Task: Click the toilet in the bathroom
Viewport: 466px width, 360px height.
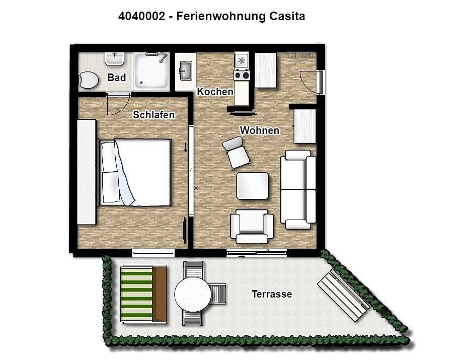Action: tap(88, 80)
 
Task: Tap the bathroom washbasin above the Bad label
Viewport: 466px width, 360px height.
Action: tap(114, 59)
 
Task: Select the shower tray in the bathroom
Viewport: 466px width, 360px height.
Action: tap(151, 71)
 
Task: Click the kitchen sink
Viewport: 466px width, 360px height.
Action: tap(186, 71)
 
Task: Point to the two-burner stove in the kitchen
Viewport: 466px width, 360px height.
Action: tap(242, 75)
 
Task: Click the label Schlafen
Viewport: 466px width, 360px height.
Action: tap(153, 115)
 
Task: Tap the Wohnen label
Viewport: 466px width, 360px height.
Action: tap(260, 130)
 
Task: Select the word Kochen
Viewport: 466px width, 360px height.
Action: tap(215, 92)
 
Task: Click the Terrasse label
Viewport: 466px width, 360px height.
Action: tap(272, 294)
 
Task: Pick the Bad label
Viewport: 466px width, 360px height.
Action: tap(117, 78)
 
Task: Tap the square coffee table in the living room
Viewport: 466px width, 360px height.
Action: tap(252, 186)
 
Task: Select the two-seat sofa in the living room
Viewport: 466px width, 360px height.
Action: tap(298, 190)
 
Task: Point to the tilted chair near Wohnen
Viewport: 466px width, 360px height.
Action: tap(237, 153)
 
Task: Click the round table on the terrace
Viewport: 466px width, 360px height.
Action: tap(193, 295)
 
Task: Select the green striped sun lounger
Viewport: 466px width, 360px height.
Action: tap(143, 294)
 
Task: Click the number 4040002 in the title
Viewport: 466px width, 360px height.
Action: tap(141, 16)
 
